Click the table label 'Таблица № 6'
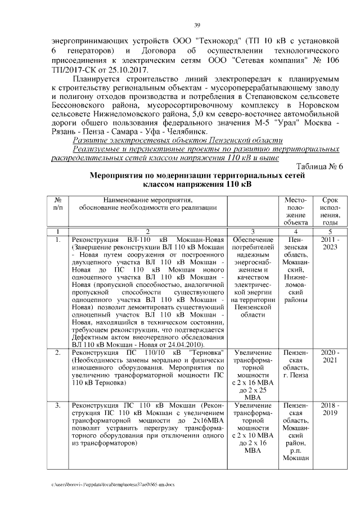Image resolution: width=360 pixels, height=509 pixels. coord(318,166)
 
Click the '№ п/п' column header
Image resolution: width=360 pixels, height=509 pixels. coord(57,204)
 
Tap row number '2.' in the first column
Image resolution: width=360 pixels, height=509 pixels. coord(57,352)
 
